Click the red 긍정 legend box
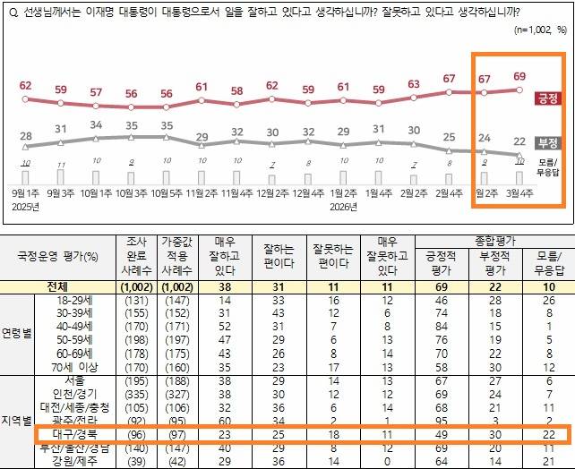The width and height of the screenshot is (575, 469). [546, 98]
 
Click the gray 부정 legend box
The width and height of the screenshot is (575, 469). [546, 142]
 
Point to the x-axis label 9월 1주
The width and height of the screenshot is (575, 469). [26, 192]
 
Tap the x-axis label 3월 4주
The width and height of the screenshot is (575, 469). [519, 192]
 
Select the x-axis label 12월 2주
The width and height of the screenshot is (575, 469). [272, 192]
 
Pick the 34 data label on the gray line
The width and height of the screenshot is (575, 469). [97, 124]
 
